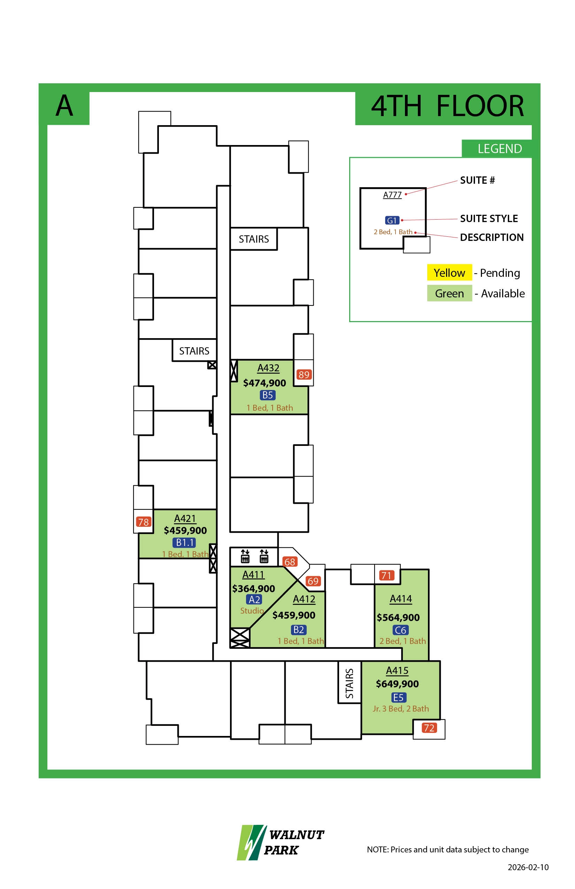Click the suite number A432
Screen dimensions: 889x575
[x=268, y=368]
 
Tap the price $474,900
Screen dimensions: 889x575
[x=264, y=383]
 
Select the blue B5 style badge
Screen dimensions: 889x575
[x=267, y=395]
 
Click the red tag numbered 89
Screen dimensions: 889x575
[x=304, y=374]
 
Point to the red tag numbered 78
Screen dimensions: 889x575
[x=143, y=522]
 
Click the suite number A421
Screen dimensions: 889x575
[x=185, y=518]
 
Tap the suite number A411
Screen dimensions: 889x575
[x=253, y=575]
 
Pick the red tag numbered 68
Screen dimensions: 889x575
[x=290, y=562]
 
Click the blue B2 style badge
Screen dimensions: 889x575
[x=299, y=630]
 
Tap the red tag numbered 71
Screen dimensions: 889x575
[x=386, y=575]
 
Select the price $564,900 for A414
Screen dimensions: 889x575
[x=398, y=617]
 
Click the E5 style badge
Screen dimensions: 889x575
[x=398, y=697]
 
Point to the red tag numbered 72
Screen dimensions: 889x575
[x=429, y=728]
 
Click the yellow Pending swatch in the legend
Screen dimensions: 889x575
[x=449, y=272]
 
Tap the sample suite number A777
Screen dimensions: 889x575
[x=392, y=195]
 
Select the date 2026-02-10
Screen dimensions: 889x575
[x=528, y=867]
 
